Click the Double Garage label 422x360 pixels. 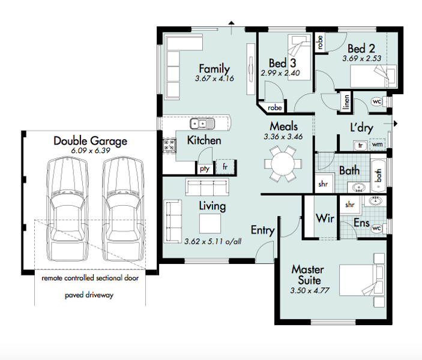(90, 141)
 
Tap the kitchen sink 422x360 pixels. (202, 124)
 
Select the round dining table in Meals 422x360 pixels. (283, 164)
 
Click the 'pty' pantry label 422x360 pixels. (205, 169)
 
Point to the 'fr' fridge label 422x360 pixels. (225, 167)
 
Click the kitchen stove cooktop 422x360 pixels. (169, 146)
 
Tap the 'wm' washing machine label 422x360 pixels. (378, 144)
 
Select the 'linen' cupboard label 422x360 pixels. (346, 102)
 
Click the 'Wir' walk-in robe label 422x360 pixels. (325, 218)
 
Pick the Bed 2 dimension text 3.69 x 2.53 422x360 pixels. (362, 58)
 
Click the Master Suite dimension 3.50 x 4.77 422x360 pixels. (310, 290)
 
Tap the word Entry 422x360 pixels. (262, 230)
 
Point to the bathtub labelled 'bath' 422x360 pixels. (378, 176)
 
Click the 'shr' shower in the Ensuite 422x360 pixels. (350, 205)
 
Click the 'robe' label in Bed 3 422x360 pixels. (274, 107)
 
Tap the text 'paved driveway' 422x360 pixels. (89, 295)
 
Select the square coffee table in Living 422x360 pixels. (210, 223)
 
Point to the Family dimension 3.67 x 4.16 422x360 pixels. (214, 79)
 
